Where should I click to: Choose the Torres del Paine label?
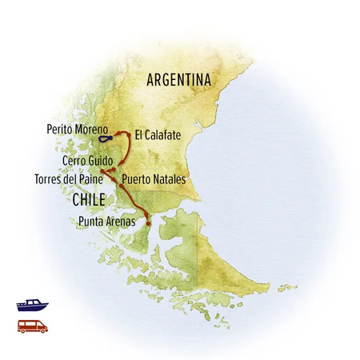pyautogui.click(x=66, y=179)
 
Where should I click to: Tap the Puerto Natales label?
pyautogui.click(x=153, y=180)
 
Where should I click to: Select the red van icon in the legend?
pyautogui.click(x=32, y=326)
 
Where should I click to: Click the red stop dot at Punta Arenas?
pyautogui.click(x=148, y=223)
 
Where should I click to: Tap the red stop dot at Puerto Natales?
pyautogui.click(x=122, y=185)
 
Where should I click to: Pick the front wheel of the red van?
pyautogui.click(x=42, y=330)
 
